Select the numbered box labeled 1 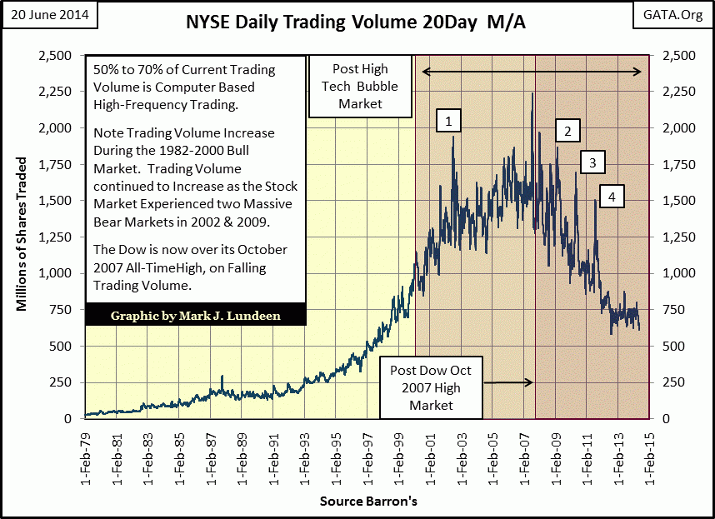448,122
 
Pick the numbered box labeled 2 567,131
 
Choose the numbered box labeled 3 592,162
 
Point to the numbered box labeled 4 612,197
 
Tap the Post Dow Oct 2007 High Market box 431,387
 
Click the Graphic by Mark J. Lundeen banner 194,315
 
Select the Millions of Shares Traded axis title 22,235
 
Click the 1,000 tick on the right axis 677,273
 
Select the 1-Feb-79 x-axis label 87,457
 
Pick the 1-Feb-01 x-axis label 429,457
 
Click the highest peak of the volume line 532,93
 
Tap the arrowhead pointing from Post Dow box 530,382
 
